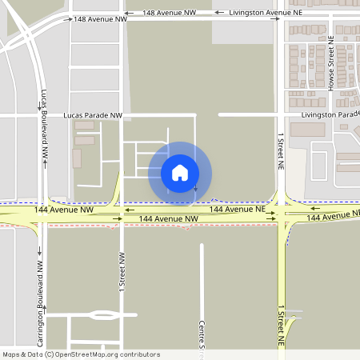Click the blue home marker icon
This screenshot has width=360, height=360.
[x=179, y=172]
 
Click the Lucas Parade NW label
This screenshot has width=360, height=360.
[x=93, y=116]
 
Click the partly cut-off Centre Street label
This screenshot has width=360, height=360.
[x=202, y=336]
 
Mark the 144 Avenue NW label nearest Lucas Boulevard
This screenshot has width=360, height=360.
[x=65, y=210]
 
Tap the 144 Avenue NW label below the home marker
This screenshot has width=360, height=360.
[x=168, y=218]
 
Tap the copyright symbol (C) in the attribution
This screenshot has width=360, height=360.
[x=50, y=354]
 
